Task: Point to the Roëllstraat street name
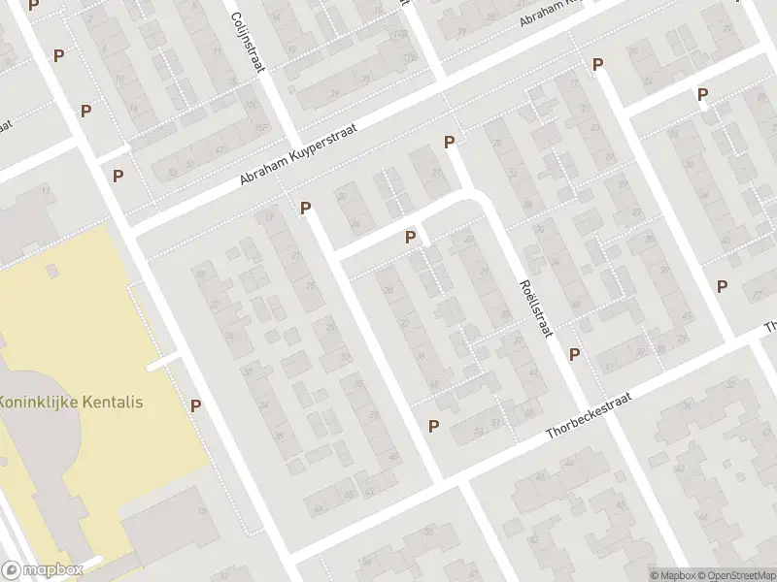(535, 305)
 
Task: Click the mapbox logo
(42, 569)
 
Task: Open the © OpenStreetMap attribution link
(733, 574)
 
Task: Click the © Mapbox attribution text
(672, 574)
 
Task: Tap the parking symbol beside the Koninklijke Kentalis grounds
(196, 406)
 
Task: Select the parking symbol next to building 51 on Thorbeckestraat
(433, 426)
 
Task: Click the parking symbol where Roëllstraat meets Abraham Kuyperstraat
(449, 143)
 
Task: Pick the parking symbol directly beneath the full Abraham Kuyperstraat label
(305, 208)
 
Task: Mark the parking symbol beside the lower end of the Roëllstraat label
(574, 354)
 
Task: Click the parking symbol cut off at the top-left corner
(35, 5)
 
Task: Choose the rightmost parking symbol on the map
(722, 286)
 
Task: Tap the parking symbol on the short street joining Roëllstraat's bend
(410, 237)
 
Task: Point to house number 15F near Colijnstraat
(259, 129)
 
